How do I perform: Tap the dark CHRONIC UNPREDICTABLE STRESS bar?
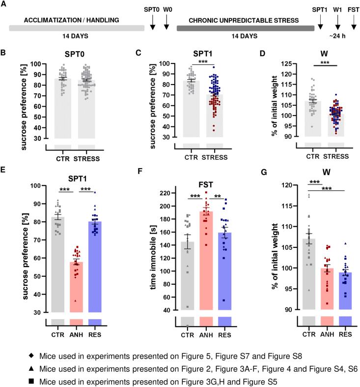(x=245, y=28)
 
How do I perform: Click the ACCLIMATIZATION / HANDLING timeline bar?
(x=77, y=28)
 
